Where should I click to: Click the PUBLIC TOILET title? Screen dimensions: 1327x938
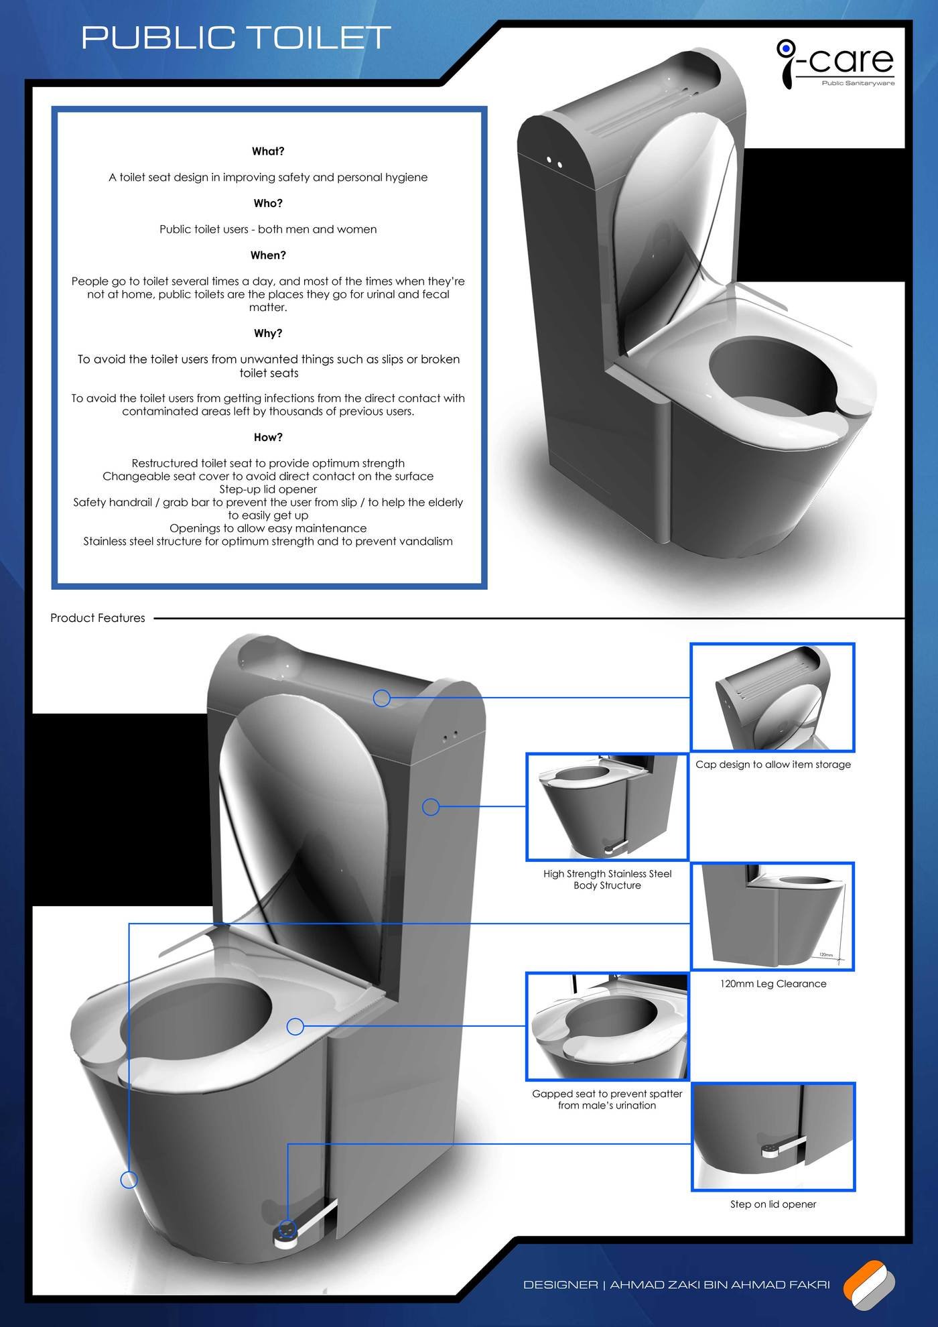click(x=236, y=38)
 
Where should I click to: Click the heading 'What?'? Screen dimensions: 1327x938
click(x=268, y=151)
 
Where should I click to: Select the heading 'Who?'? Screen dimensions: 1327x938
click(x=268, y=203)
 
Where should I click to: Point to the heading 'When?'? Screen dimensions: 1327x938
click(x=268, y=255)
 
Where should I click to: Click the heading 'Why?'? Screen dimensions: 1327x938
click(x=268, y=333)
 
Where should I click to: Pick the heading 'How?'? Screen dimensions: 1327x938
click(x=268, y=437)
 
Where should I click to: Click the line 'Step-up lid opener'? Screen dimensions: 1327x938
click(x=268, y=489)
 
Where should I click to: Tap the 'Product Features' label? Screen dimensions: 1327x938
click(x=98, y=618)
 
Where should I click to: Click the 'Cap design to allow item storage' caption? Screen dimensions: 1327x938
click(x=773, y=764)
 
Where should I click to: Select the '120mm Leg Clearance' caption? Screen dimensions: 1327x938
click(x=773, y=984)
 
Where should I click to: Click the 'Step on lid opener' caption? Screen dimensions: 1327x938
click(x=773, y=1204)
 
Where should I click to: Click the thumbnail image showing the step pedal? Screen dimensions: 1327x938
click(x=773, y=1137)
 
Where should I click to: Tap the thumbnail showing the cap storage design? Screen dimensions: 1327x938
click(x=773, y=697)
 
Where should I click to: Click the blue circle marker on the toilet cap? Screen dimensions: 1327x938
click(x=382, y=698)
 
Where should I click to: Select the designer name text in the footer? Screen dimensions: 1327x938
click(x=676, y=1285)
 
